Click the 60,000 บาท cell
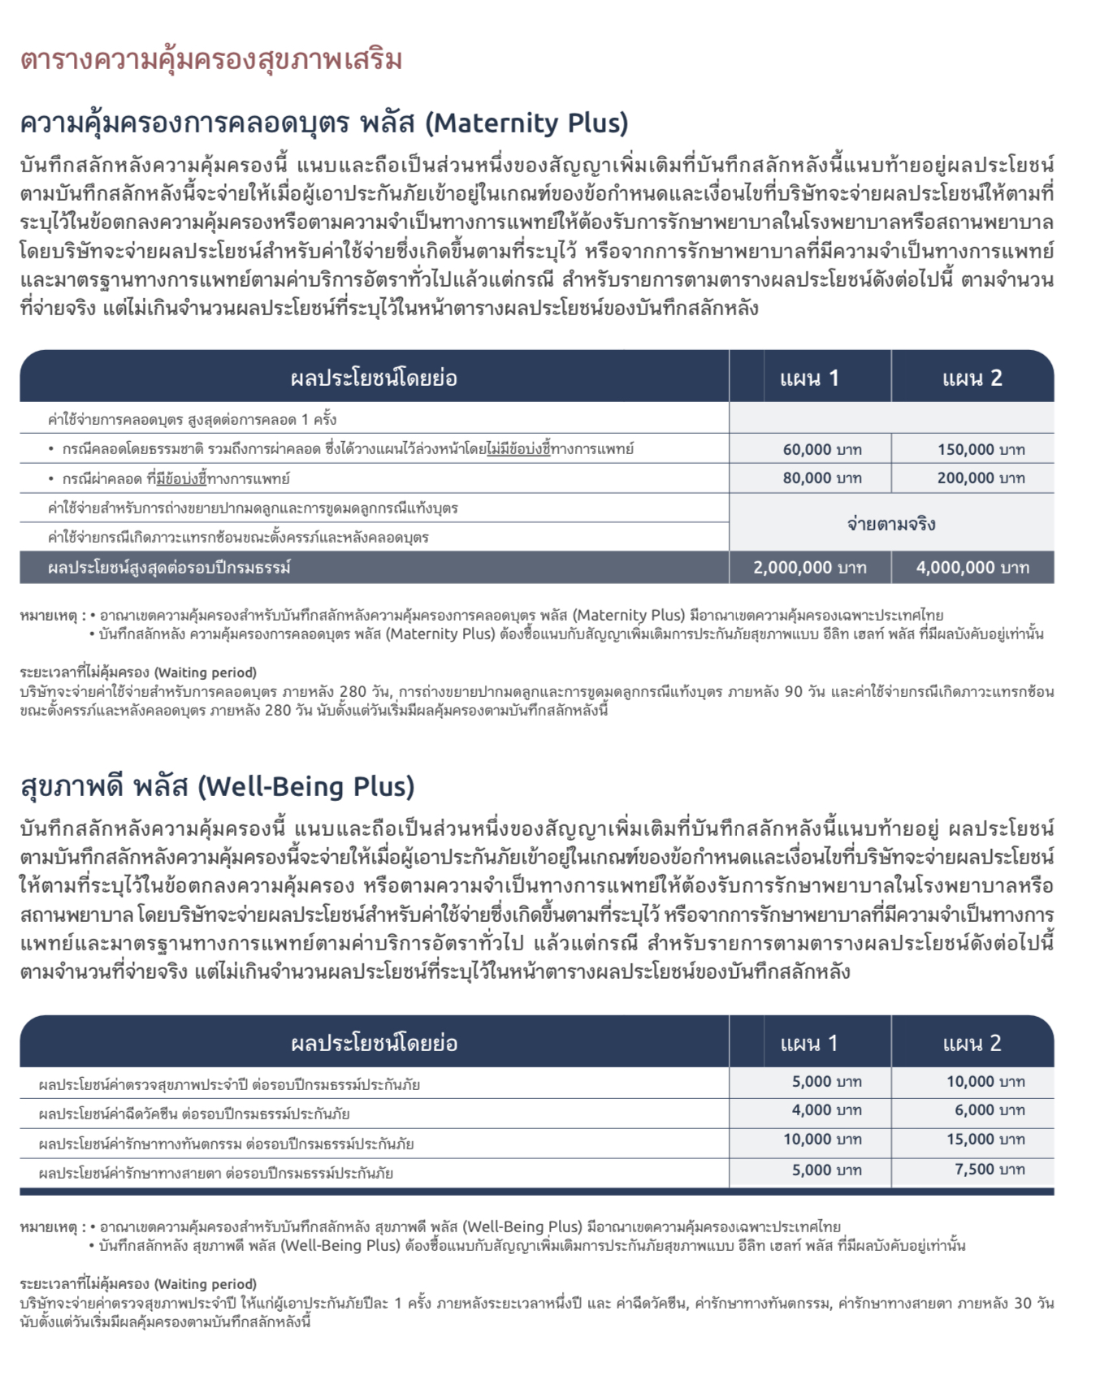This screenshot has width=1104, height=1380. (822, 449)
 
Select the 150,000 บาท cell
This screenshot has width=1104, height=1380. (981, 449)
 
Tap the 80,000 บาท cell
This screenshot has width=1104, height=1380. (822, 478)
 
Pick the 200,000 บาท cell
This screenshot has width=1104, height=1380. (981, 478)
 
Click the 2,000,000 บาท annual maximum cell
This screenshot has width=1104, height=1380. (810, 568)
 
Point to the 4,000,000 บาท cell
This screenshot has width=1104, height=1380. (972, 568)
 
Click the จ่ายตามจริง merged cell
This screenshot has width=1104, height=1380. (891, 524)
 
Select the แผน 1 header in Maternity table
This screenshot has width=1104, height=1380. (809, 378)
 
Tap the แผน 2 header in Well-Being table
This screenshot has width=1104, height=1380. (972, 1043)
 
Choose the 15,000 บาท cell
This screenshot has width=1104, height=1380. (985, 1140)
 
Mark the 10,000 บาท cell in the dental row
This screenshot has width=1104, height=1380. (822, 1140)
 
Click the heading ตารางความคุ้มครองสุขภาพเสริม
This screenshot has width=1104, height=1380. (211, 60)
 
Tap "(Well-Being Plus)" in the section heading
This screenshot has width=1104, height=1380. (306, 786)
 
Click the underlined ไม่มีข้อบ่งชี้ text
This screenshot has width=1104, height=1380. (518, 448)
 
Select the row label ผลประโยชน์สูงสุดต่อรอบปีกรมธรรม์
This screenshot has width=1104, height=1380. (169, 568)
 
